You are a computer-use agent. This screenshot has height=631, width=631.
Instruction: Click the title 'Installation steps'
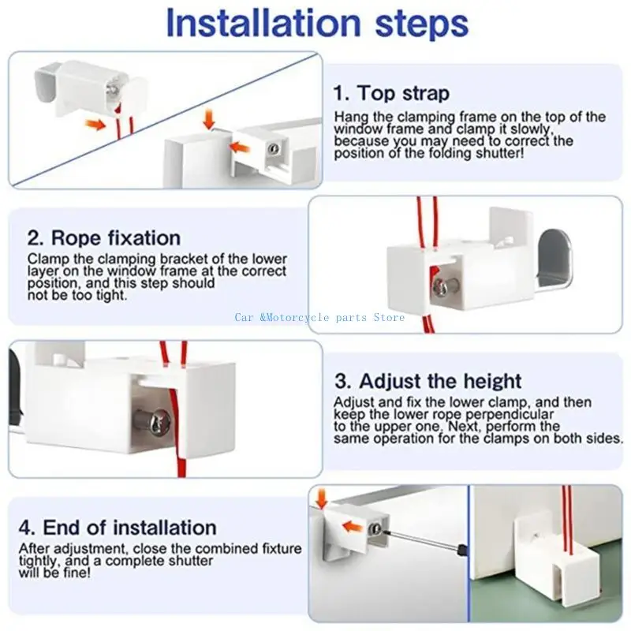click(317, 23)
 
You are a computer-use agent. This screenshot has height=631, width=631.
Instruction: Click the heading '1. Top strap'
click(391, 93)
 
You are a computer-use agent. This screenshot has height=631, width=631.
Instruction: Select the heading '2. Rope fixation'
click(104, 238)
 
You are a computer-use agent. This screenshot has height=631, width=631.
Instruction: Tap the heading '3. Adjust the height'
click(428, 381)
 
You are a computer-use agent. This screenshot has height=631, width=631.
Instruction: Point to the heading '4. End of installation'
click(118, 527)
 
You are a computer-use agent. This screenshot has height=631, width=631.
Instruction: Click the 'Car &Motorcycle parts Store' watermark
click(319, 318)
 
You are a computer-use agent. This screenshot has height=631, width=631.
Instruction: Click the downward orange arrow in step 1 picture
click(209, 119)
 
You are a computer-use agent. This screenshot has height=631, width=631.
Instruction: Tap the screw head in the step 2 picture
click(442, 286)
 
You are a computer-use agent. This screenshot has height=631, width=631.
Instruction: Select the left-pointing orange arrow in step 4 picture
click(352, 526)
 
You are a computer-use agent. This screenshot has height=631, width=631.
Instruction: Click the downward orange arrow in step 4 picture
click(322, 498)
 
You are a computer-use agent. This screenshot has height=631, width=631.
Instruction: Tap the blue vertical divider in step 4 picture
click(469, 554)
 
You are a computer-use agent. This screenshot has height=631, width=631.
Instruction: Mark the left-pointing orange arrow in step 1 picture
click(239, 147)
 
